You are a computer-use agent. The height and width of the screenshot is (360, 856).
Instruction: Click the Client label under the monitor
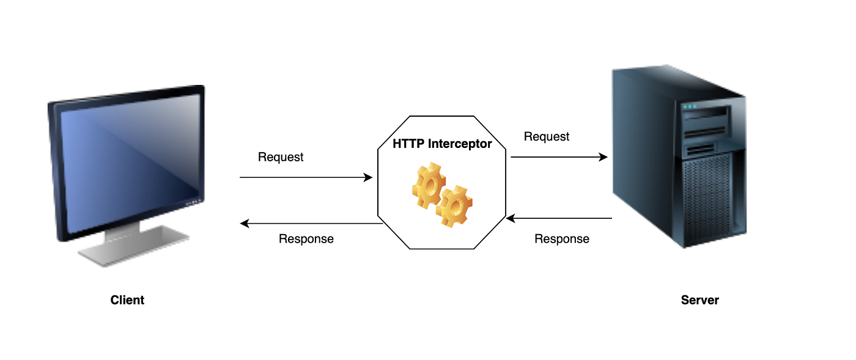127,300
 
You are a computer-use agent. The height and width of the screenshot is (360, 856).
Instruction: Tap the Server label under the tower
699,300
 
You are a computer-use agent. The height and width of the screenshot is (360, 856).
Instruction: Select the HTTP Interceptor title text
441,144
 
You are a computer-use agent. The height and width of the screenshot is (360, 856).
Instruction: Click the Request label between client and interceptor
281,157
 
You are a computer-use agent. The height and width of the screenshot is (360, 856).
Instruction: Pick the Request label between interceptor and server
547,137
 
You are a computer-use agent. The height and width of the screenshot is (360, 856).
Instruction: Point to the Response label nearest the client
306,239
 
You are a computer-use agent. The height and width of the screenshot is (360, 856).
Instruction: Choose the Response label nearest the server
561,239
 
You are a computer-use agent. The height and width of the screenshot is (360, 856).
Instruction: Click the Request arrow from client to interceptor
306,178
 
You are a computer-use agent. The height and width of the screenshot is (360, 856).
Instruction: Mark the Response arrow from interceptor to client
312,224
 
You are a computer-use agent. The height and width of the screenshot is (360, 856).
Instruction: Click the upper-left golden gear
427,183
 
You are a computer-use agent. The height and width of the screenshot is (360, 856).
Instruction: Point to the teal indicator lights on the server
689,106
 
